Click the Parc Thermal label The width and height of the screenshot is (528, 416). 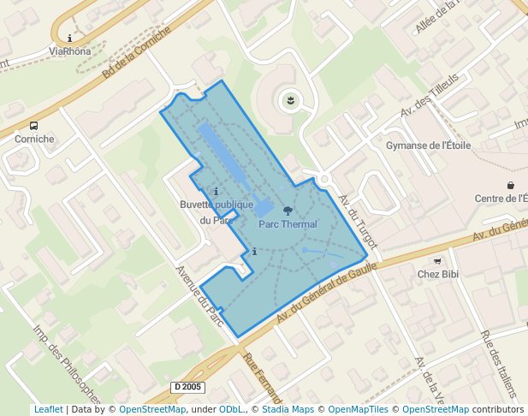(288, 224)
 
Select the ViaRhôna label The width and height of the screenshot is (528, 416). (69, 51)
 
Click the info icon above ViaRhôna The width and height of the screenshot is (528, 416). (69, 38)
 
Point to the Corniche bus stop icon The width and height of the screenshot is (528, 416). (33, 125)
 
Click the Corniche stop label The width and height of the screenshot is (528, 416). (33, 139)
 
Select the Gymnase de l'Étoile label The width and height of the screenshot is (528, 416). (429, 146)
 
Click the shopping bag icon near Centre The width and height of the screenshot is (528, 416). (511, 185)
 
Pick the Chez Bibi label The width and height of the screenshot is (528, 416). (439, 274)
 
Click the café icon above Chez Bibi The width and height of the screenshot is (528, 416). (438, 261)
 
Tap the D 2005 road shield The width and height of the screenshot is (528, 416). (187, 387)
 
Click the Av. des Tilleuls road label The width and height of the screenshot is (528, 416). (430, 95)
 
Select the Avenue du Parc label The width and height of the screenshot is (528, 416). (199, 296)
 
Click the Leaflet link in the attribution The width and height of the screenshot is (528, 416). (48, 409)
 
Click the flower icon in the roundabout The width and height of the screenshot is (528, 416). (290, 102)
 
